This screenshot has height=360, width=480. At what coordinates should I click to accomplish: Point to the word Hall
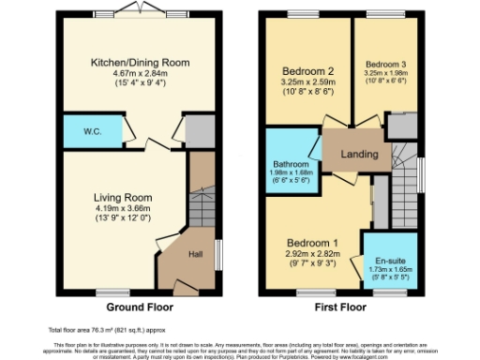pyautogui.click(x=196, y=254)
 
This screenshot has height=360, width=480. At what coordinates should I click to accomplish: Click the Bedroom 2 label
pyautogui.click(x=308, y=71)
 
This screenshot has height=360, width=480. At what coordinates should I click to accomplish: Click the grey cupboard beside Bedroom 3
pyautogui.click(x=401, y=126)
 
